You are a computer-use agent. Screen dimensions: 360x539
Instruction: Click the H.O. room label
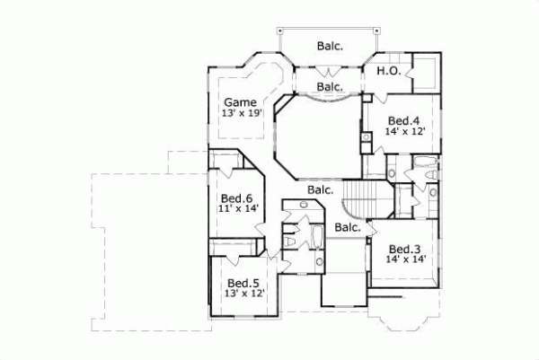[388, 71]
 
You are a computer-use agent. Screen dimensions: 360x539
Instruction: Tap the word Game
[241, 101]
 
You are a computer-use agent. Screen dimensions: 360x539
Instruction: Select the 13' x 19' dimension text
[241, 114]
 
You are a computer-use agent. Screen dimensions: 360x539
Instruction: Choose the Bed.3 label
[406, 249]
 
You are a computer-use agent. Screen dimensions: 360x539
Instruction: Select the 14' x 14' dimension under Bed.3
[406, 259]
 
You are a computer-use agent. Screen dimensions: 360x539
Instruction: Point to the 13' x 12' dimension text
[238, 294]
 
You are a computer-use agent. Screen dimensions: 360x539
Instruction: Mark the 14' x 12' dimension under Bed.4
[404, 131]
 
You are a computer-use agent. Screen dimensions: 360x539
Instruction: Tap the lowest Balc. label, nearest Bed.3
[348, 228]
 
